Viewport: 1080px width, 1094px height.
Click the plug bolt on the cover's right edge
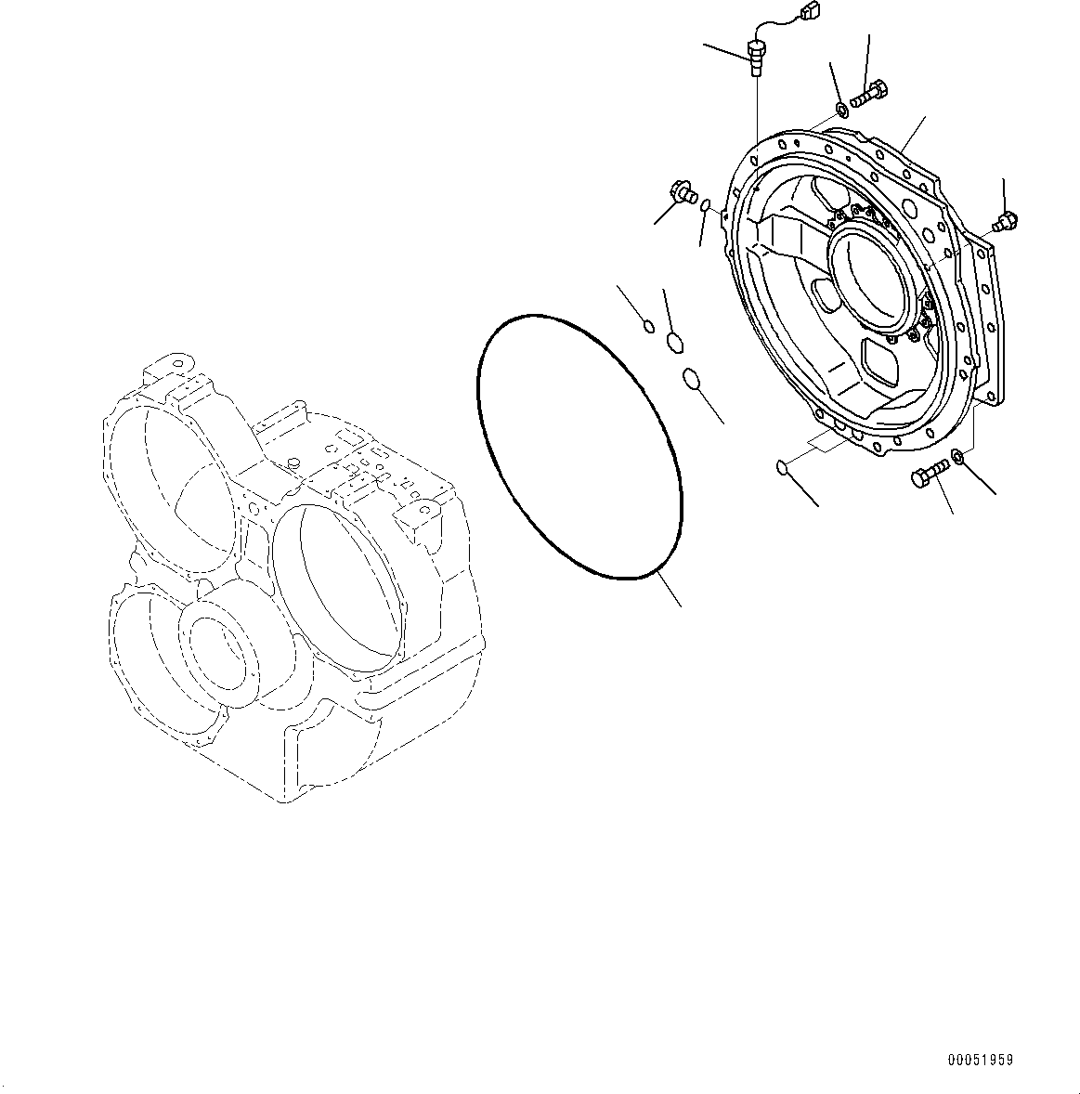click(1005, 222)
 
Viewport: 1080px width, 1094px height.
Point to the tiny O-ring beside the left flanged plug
click(707, 204)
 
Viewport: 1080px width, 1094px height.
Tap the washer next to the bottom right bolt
click(958, 456)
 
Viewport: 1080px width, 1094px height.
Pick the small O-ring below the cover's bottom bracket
click(782, 466)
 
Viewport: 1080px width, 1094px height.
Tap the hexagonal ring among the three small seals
click(675, 344)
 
